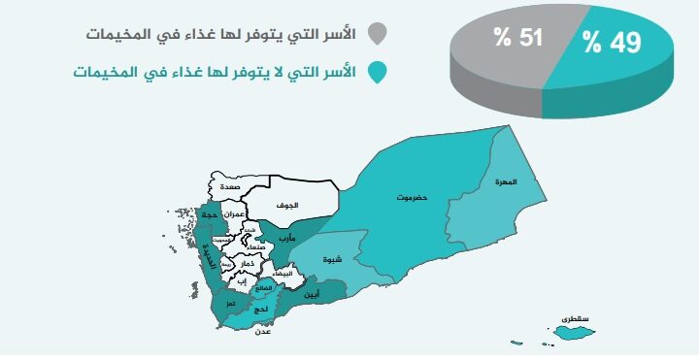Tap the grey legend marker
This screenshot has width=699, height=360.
click(x=381, y=35)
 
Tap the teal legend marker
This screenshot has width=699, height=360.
click(x=381, y=74)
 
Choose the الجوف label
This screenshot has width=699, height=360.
click(x=286, y=206)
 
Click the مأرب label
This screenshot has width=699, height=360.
click(x=286, y=238)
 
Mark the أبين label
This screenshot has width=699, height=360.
click(x=312, y=293)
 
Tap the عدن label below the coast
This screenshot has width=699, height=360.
click(x=262, y=332)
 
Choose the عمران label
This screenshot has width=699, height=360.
click(x=232, y=213)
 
